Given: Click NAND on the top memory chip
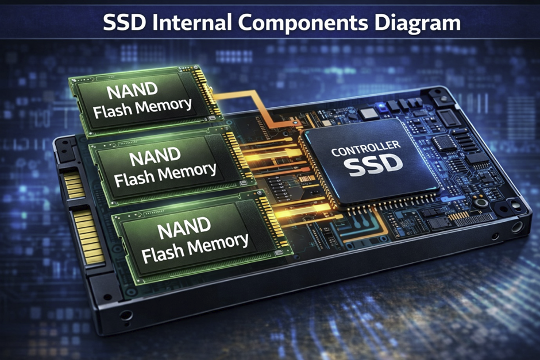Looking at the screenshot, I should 133,91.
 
